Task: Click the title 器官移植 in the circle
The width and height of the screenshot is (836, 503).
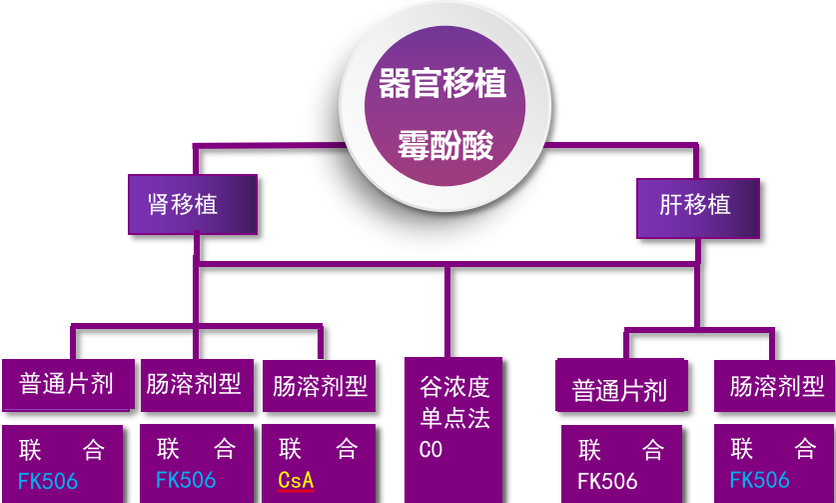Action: click(442, 84)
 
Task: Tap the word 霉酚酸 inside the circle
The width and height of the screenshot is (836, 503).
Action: click(445, 146)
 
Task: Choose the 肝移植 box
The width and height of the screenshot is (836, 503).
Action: click(695, 206)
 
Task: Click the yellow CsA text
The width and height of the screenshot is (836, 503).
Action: click(296, 480)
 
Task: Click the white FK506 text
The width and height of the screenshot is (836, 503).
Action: click(607, 481)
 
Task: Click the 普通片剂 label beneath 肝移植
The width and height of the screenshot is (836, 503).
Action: click(619, 390)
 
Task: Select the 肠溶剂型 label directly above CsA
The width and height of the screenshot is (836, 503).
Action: click(320, 386)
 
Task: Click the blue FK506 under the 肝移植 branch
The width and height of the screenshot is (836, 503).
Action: click(759, 480)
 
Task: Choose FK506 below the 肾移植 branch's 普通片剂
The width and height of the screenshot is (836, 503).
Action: click(48, 481)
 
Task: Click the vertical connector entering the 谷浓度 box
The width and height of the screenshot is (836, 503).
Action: click(446, 310)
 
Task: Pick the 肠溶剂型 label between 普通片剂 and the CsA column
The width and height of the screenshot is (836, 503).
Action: click(194, 384)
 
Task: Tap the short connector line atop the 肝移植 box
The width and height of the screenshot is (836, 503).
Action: click(696, 162)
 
